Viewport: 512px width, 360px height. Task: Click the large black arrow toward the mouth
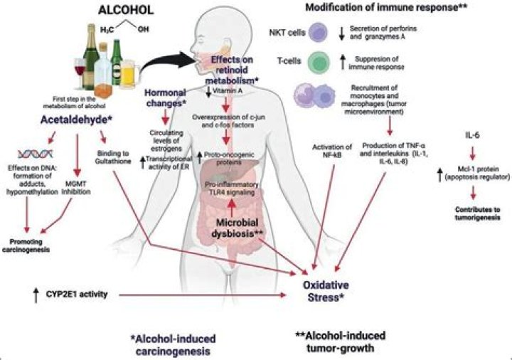click(168, 63)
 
